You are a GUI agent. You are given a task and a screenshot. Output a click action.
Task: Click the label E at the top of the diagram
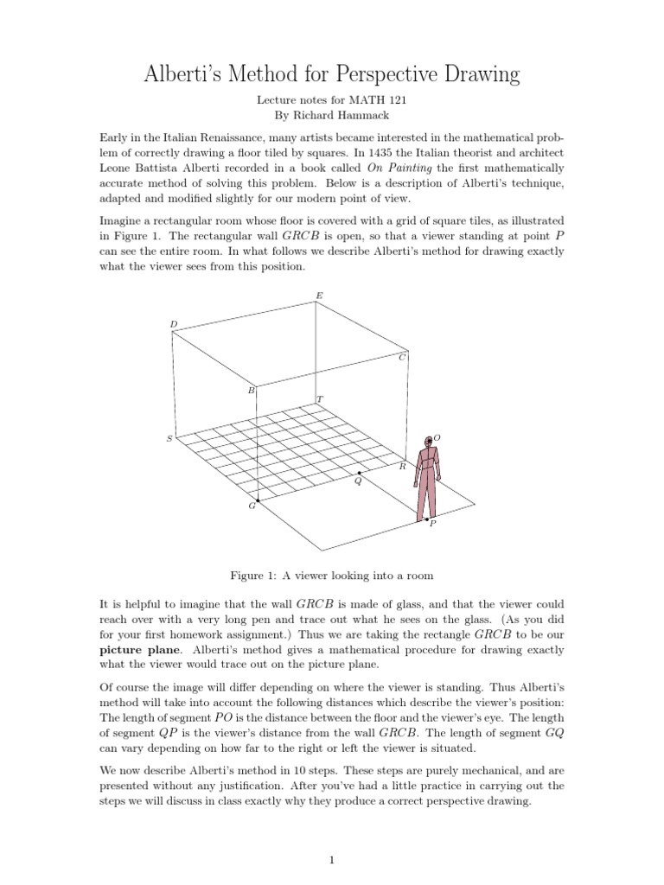pos(319,296)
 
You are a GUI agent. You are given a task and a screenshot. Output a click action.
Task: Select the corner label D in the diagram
pos(173,325)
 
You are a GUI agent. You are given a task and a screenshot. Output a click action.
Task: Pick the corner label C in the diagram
pos(402,357)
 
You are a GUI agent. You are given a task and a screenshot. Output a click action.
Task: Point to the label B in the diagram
pos(252,391)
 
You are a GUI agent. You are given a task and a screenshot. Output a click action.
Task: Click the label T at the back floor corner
pos(320,400)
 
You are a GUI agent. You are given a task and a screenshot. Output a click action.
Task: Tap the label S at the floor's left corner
pos(169,439)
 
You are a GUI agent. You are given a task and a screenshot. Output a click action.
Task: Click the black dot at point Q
pos(359,473)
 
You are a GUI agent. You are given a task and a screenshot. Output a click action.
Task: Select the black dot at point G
pos(258,500)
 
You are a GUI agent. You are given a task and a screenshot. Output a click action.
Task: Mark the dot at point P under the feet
pos(427,519)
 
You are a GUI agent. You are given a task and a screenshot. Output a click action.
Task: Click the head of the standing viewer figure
pos(427,442)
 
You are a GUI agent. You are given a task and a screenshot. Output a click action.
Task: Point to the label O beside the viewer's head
pos(437,438)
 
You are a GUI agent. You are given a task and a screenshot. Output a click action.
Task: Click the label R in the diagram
pos(402,466)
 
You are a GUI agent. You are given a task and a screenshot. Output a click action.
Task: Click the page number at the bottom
pos(331,860)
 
